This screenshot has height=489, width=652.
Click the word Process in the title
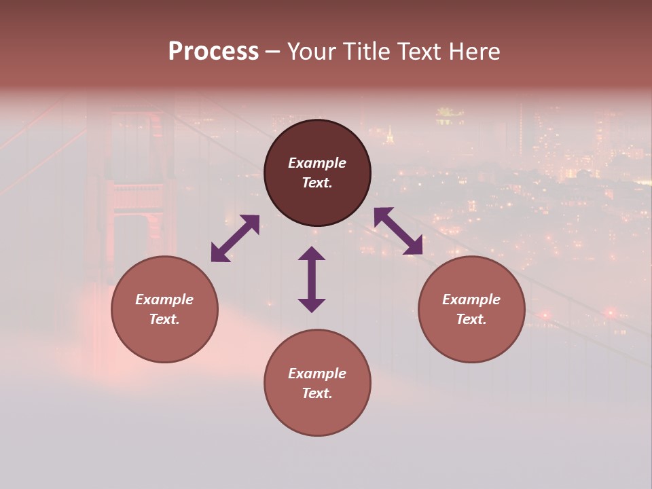coord(213,52)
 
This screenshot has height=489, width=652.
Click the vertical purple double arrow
coord(312,279)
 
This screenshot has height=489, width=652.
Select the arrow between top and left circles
coord(235,238)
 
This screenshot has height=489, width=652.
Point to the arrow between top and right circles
coord(398,231)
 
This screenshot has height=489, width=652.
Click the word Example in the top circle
coord(317,163)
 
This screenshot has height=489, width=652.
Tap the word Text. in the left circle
coord(164,319)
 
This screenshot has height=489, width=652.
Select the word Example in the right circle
coord(471,300)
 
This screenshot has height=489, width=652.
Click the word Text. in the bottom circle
coord(317,393)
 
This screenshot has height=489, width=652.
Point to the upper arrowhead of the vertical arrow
coord(312,254)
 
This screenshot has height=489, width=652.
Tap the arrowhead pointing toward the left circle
coord(219,253)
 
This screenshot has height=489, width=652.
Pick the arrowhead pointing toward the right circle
coord(414,247)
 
